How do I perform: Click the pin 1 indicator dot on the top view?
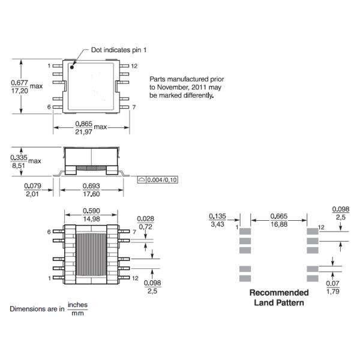coord(72,67)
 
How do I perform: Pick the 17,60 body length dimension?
coord(91,194)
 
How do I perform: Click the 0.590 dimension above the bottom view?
coord(91,211)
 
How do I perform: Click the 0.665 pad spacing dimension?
coord(278,216)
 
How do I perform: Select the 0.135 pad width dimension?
coord(217,216)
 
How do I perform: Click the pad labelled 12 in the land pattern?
coord(313,230)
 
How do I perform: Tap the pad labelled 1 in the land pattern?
coord(245,230)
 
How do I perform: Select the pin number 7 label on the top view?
coord(134,107)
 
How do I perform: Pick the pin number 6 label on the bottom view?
coord(49,232)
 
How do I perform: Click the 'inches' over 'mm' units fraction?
coord(77,309)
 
